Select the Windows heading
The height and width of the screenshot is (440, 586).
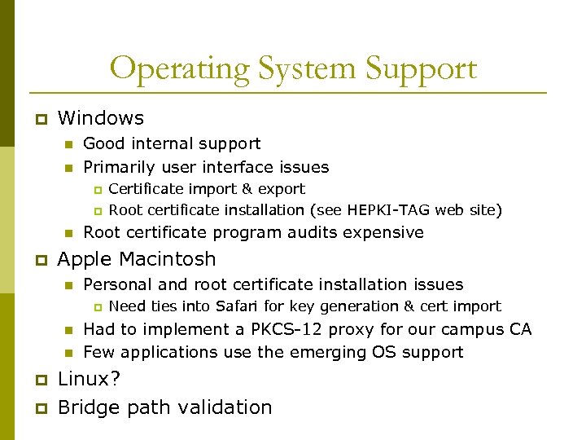pyautogui.click(x=101, y=118)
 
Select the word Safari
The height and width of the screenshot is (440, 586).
pyautogui.click(x=238, y=306)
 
